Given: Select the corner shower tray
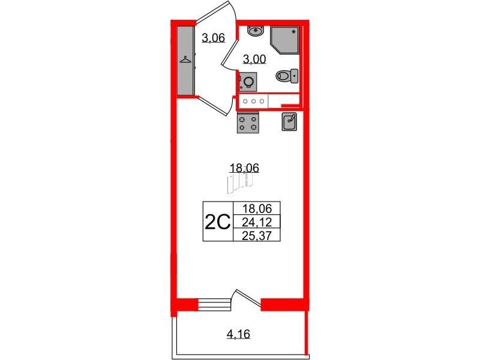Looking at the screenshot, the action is [284, 40].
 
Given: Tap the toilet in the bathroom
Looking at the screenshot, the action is [287, 76].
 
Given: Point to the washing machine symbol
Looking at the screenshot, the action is [248, 82].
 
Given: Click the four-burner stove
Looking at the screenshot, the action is [248, 122].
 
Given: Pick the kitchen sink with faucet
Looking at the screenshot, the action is [289, 122].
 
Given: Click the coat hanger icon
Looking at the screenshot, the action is [185, 59].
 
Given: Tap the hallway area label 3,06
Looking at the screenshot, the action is [214, 38].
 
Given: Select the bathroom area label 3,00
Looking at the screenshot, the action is [254, 59].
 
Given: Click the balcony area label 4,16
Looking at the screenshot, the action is [238, 334].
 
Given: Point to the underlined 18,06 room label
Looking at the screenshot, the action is [244, 168].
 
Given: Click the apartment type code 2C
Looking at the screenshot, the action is [217, 222].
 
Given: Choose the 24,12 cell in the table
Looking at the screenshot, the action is [257, 222].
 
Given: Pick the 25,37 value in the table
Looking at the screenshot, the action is [257, 235].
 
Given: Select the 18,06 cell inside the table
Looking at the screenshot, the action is [257, 208].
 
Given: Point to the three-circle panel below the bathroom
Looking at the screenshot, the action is [253, 101].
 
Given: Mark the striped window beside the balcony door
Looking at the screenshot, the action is [214, 305].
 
